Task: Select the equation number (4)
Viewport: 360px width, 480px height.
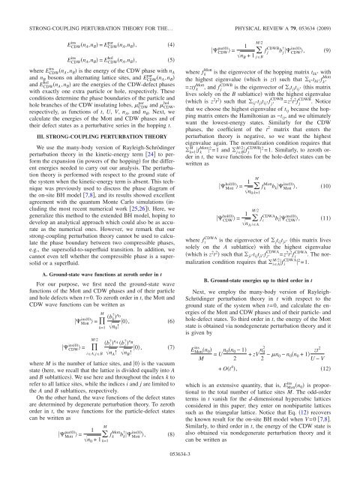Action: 170,25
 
